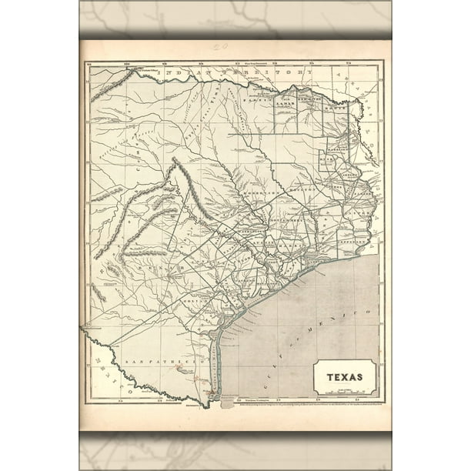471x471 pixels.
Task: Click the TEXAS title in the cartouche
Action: point(345,378)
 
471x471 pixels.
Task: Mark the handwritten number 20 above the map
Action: point(221,47)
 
